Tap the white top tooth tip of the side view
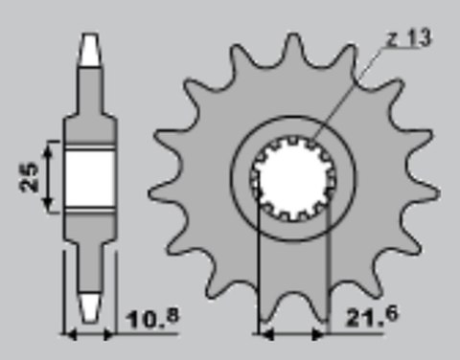(89, 49)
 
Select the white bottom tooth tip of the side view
(89, 305)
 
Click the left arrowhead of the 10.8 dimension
(68, 334)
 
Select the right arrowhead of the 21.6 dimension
(320, 334)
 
